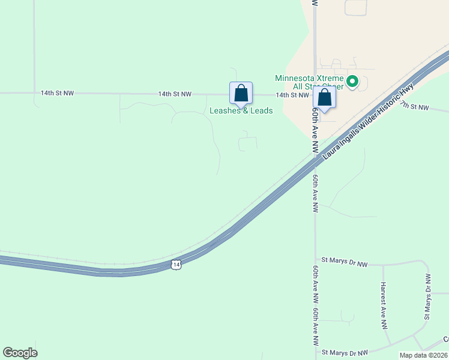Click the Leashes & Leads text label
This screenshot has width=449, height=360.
tap(241, 110)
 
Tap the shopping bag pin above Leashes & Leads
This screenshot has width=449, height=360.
tap(241, 94)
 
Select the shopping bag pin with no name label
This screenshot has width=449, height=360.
tap(325, 98)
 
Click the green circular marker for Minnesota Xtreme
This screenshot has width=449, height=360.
tap(353, 81)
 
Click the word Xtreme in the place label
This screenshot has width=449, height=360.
tap(331, 78)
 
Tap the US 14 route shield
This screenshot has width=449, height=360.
tap(175, 264)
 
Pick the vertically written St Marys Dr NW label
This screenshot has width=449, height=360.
tap(428, 297)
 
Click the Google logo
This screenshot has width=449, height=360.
tap(20, 353)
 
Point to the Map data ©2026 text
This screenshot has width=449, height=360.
tap(424, 355)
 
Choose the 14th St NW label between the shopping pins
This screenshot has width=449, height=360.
tap(292, 95)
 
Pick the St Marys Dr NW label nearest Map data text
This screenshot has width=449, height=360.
tap(345, 353)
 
